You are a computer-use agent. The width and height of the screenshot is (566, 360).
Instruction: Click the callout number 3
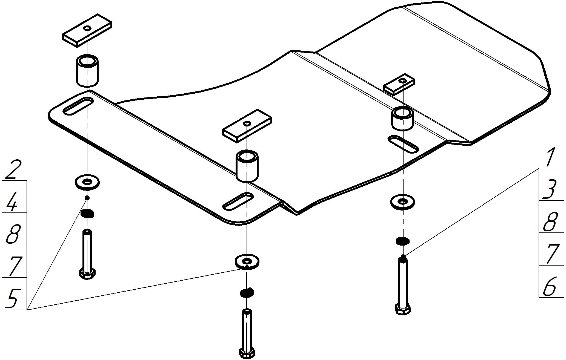coord(549,189)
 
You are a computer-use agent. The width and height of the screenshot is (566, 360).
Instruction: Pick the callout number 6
coord(550,286)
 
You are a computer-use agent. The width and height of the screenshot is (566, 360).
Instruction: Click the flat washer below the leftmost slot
coord(87,182)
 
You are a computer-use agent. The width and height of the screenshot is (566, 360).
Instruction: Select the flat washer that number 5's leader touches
coord(247,262)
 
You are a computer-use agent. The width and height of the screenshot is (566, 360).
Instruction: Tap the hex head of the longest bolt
coord(403,309)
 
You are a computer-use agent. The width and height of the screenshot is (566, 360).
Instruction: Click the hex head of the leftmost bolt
coord(87,274)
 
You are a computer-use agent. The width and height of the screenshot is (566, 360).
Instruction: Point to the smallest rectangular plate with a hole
coord(399,84)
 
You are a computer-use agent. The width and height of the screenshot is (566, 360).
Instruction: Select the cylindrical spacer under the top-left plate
coord(87,71)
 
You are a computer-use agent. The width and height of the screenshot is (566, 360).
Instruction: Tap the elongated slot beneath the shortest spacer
coord(403,143)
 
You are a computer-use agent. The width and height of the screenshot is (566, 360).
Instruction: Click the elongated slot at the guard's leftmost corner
coord(78,106)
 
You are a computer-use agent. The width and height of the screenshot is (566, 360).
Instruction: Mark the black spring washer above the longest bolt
coord(402,241)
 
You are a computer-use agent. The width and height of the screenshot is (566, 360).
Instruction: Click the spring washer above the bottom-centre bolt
coord(247,293)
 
